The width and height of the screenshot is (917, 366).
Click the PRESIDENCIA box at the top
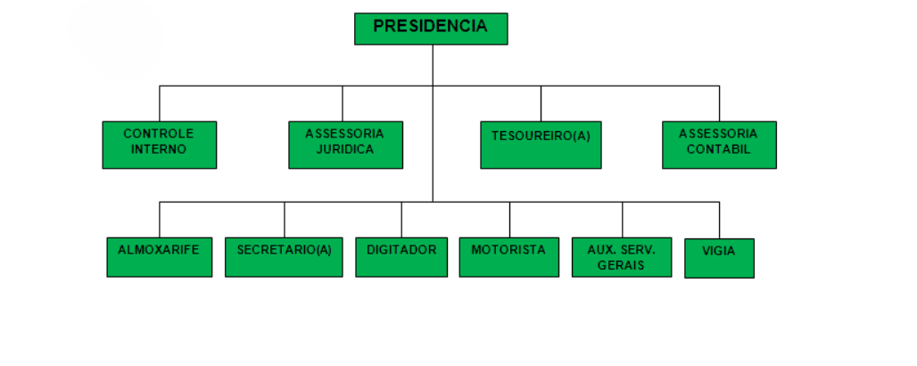coord(431,29)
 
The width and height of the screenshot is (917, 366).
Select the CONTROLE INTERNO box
coord(159,145)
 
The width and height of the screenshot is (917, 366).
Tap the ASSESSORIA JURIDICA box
coord(345,145)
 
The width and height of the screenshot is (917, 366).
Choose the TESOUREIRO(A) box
coord(541,145)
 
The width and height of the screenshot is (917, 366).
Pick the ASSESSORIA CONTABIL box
coord(719,145)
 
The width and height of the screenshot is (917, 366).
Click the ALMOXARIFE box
coord(160,257)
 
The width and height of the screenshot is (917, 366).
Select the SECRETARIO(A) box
coord(284,257)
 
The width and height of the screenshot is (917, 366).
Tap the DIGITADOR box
coord(401,257)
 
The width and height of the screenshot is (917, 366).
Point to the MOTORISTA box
coord(508,257)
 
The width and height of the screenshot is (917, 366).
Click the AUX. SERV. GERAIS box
coord(622,257)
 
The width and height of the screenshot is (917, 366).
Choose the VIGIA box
coord(719,258)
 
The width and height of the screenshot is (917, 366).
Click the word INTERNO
coord(159,150)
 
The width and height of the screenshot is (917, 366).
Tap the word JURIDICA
coord(344,150)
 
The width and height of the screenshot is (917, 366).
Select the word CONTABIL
coord(719,150)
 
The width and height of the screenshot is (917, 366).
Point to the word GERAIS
coord(622,266)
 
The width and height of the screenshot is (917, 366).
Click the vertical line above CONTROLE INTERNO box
coord(160,104)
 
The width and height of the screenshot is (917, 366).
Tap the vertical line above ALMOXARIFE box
coord(160,220)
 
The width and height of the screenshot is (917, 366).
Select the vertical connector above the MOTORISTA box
coord(509,220)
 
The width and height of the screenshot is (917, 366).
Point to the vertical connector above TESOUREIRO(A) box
coord(541,104)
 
